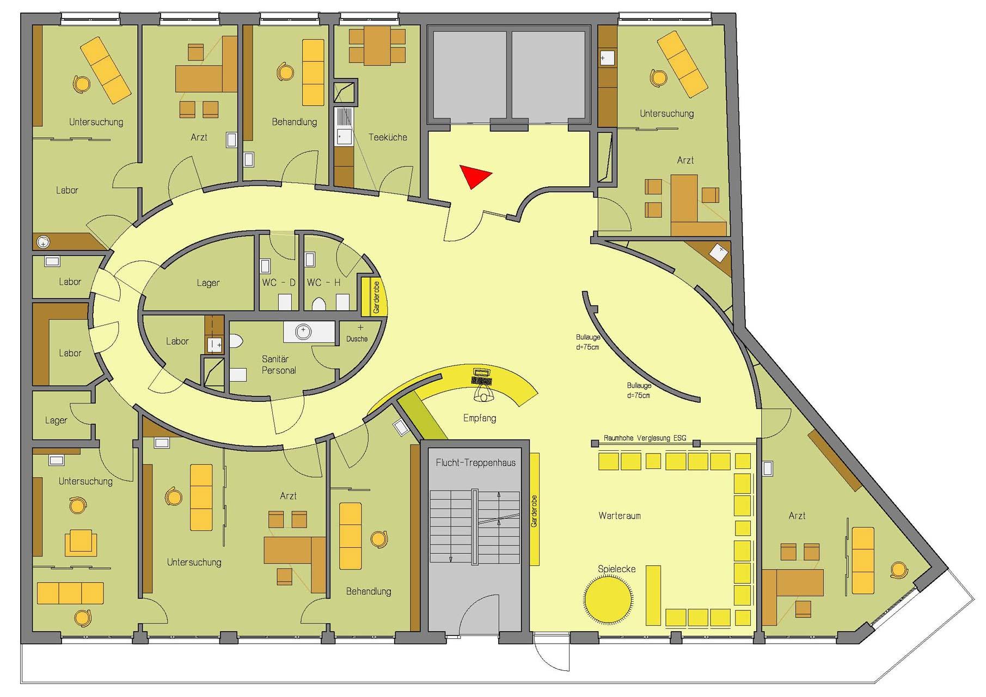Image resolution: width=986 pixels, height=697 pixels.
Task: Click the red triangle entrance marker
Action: coord(473,176)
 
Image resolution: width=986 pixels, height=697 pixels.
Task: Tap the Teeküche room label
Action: coord(388,137)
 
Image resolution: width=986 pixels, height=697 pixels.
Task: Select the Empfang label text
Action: coord(480,418)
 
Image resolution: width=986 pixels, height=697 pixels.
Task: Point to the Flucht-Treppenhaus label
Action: coord(475,463)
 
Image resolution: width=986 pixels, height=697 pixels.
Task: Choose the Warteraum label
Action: coord(620,516)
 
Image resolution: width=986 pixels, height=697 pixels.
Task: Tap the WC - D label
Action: coord(279,283)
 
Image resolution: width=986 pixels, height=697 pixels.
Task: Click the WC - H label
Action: coord(323,283)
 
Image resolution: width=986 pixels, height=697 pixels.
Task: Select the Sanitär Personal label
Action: coord(279,365)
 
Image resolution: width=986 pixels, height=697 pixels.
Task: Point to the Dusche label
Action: coord(357,339)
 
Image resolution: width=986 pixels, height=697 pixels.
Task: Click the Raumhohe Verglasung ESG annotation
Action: coord(645,438)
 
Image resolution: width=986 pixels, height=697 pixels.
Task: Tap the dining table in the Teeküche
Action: coord(377,46)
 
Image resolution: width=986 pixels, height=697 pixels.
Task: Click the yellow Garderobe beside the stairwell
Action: coord(534,509)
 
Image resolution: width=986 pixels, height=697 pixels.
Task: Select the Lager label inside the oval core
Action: coord(209,283)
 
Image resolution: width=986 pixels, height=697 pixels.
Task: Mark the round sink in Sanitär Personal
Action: coord(303,331)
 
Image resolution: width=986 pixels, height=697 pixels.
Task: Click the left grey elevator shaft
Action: coord(470,77)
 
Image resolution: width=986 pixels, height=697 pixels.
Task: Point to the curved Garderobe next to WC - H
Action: coord(375,297)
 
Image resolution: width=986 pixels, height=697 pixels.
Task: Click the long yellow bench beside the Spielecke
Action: coord(653,596)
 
